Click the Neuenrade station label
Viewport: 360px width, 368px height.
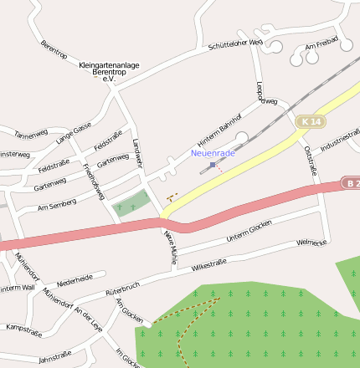(x=213, y=153)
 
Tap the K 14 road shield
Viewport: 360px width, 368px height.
(x=309, y=122)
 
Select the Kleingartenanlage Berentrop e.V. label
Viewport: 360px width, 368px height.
(x=108, y=69)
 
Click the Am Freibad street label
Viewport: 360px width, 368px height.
(x=321, y=43)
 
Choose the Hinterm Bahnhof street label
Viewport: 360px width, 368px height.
(x=219, y=126)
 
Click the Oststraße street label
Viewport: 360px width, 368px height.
(x=311, y=160)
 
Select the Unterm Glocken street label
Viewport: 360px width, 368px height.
(x=249, y=231)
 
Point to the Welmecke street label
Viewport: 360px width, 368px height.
(x=311, y=243)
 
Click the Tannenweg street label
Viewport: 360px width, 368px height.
(x=31, y=135)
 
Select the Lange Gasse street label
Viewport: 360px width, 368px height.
(x=74, y=134)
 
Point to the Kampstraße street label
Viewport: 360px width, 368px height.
(x=23, y=329)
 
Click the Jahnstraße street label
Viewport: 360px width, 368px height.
(x=54, y=358)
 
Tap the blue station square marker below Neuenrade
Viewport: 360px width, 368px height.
(x=213, y=165)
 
